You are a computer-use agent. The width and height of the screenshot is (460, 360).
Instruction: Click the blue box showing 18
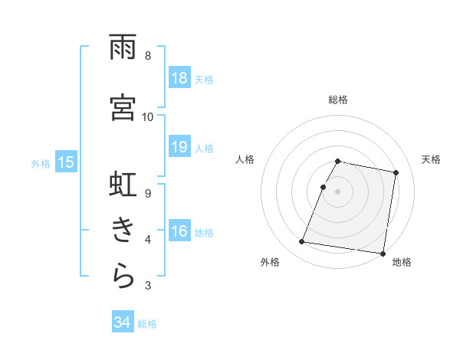point(179,78)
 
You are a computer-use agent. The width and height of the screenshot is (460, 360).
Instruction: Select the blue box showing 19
point(179,147)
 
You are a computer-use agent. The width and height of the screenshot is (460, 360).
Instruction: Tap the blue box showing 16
point(179,232)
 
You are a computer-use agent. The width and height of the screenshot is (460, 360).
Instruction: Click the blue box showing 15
point(66,162)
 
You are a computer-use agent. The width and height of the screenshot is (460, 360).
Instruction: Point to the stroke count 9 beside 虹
point(147,193)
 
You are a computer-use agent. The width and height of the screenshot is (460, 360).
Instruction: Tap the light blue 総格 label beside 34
point(147,324)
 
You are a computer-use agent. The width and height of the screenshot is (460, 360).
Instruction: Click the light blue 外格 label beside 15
point(40,162)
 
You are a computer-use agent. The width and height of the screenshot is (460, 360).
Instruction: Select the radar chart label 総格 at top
point(338,100)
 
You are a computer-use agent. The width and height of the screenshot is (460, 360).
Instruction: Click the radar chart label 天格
point(431,159)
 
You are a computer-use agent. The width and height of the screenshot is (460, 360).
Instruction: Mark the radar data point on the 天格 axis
point(396,173)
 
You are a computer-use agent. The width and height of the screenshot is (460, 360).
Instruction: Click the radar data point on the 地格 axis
point(382,253)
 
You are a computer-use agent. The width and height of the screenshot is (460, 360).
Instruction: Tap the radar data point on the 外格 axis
point(302,242)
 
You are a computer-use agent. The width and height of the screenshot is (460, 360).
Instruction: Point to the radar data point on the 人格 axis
point(324,187)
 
